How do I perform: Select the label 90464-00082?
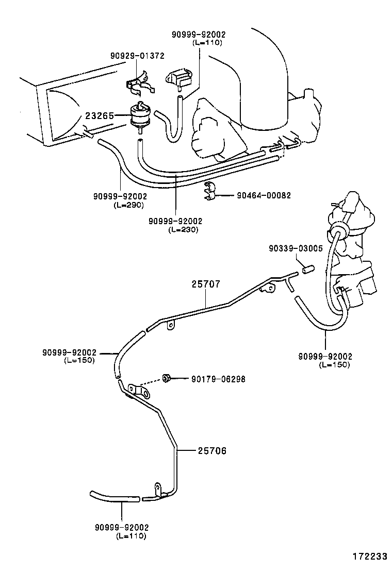click(264, 196)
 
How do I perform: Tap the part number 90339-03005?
click(296, 248)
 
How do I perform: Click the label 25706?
click(212, 451)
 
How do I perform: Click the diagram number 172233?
click(370, 557)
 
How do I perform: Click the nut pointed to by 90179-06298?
click(166, 379)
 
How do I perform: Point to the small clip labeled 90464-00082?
click(210, 191)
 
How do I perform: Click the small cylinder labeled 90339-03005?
click(308, 269)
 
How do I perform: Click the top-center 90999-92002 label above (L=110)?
click(199, 35)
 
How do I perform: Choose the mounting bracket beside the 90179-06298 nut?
click(138, 390)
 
